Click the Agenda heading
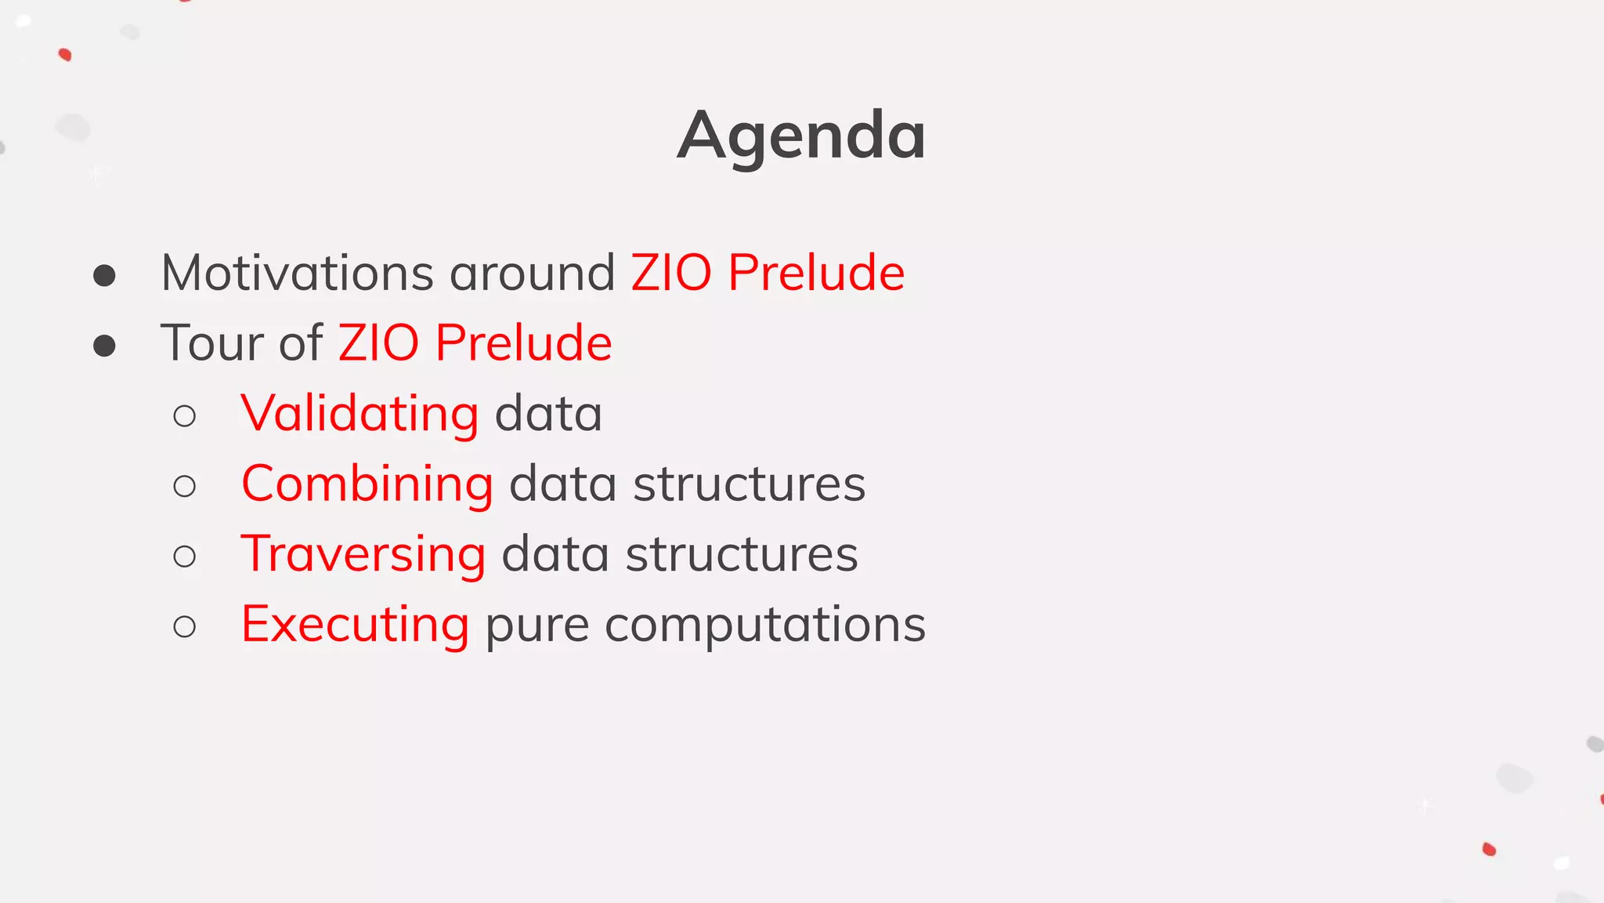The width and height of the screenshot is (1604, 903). point(801,136)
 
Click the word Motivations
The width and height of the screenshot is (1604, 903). point(297,274)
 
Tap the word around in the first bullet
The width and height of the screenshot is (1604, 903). point(532,274)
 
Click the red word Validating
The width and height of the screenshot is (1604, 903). point(359,414)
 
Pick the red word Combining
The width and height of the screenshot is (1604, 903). point(367,484)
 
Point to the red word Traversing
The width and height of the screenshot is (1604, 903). point(363,554)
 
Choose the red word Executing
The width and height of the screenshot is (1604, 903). point(355,625)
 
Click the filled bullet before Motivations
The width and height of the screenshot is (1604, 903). point(104,275)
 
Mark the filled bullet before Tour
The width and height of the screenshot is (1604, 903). point(104,346)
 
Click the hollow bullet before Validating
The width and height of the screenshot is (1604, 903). point(185,416)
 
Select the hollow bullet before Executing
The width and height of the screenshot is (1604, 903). point(185,627)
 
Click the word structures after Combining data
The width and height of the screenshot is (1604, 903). point(749,484)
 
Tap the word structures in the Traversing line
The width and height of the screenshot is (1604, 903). point(742,555)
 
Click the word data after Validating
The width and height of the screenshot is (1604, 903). point(548,414)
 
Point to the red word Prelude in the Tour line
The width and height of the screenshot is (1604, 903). point(523,343)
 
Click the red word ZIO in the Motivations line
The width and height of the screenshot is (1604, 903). point(671,274)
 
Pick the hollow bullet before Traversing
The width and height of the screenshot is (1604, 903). point(185,557)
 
